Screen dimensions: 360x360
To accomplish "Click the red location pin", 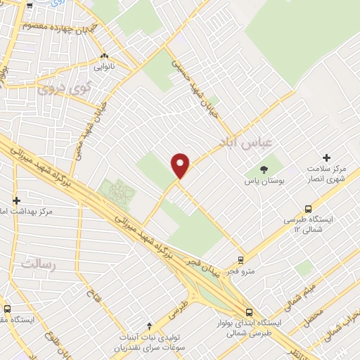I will pyautogui.click(x=181, y=165).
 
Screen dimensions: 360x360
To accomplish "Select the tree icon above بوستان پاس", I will pyautogui.click(x=264, y=169).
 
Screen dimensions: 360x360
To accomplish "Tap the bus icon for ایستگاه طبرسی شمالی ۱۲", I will pyautogui.click(x=308, y=208).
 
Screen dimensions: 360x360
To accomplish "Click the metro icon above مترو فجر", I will pyautogui.click(x=240, y=259).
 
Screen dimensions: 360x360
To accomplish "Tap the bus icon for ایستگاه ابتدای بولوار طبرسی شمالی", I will pyautogui.click(x=248, y=312).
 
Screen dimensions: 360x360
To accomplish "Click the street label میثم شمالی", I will pyautogui.click(x=300, y=294).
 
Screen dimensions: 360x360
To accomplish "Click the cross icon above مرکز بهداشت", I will pyautogui.click(x=15, y=200).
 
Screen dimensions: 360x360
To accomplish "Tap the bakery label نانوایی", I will pyautogui.click(x=105, y=69).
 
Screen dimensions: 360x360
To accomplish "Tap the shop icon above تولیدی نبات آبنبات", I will pyautogui.click(x=148, y=325).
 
